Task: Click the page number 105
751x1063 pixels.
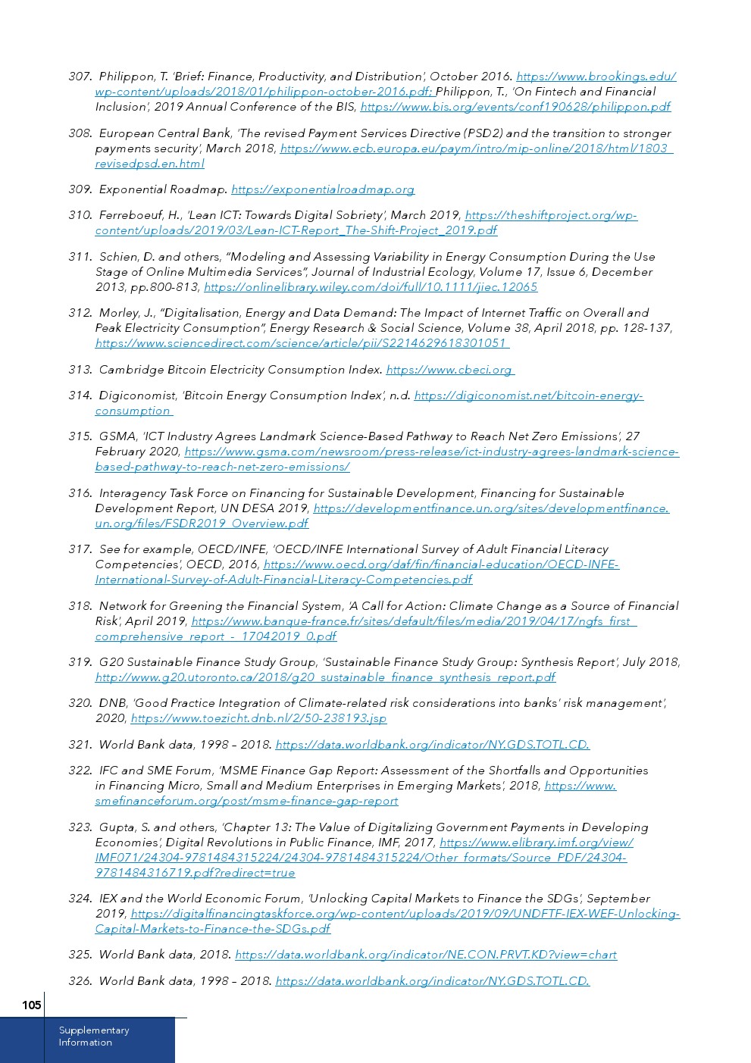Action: (x=31, y=1005)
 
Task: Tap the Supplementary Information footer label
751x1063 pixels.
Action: (x=94, y=1036)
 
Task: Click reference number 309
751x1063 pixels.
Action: (x=80, y=189)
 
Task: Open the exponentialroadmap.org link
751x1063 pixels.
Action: (x=323, y=189)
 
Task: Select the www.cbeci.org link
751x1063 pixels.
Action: (x=449, y=370)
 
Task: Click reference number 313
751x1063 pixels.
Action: (x=80, y=370)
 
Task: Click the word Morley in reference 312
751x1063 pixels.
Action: (x=117, y=313)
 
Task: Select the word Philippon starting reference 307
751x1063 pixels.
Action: (x=125, y=77)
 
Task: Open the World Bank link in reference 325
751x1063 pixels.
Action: (x=426, y=955)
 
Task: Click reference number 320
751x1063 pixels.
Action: (x=80, y=703)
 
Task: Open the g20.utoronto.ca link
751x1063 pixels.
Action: (x=325, y=677)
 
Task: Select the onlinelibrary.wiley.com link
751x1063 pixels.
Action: (x=371, y=287)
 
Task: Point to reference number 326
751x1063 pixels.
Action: (x=80, y=981)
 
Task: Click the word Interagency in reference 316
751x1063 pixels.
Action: (x=133, y=493)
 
